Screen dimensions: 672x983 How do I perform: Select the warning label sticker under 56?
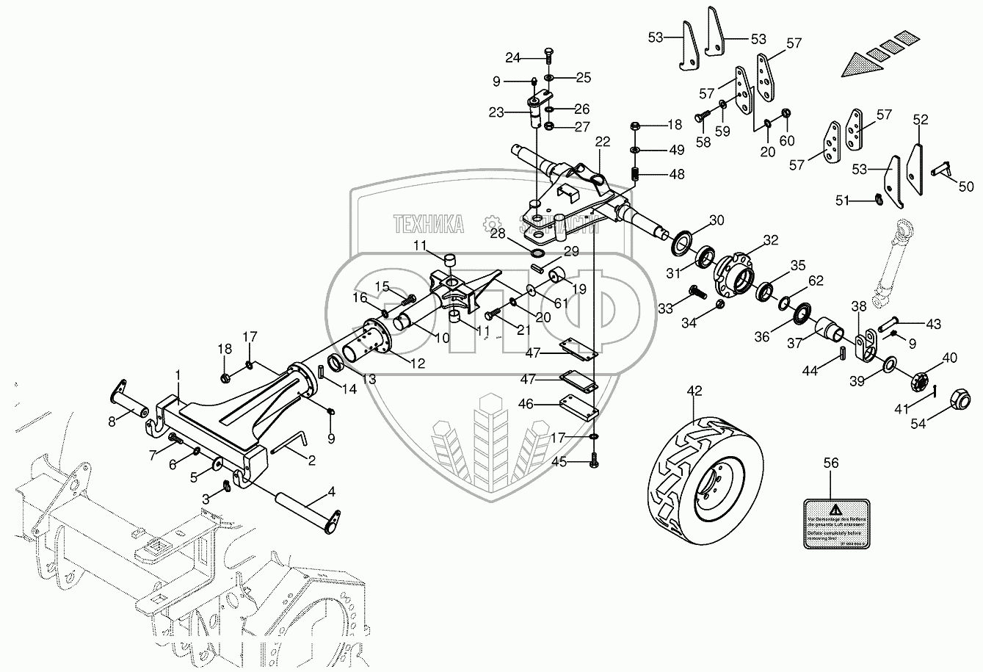click(x=835, y=521)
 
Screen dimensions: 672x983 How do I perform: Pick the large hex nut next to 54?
click(x=960, y=399)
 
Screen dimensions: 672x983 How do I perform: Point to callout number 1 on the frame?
click(x=178, y=375)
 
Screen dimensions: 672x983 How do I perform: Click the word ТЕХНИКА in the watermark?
click(x=428, y=224)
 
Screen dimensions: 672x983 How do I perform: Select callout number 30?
click(x=717, y=220)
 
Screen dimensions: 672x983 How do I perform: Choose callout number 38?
click(x=860, y=306)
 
